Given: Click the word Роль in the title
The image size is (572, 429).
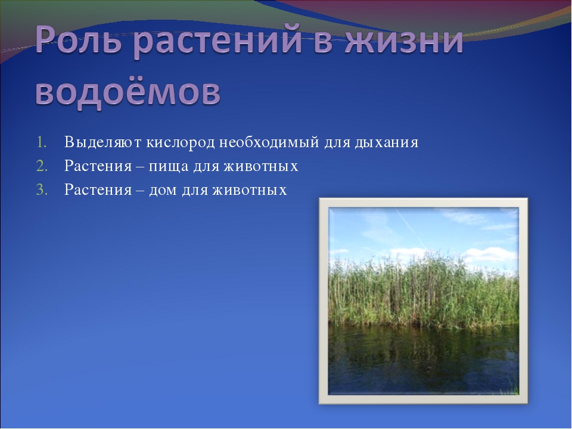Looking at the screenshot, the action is point(78,39).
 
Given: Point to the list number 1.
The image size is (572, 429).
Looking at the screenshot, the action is point(41,142).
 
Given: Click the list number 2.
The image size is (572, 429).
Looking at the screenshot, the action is point(42,166).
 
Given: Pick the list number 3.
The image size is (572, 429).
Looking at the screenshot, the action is point(42,189).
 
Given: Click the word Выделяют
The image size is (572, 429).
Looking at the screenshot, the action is point(103,142).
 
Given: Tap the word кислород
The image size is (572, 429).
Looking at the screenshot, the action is point(180,142).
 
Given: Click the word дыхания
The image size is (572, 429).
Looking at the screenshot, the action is point(386,142).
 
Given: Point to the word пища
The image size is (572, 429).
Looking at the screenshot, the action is point(169,167).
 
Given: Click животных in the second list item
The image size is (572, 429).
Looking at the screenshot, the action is point(261,166).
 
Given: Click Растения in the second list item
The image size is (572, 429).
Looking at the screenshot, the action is point(98,166).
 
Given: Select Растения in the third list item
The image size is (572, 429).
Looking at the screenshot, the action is point(98,189).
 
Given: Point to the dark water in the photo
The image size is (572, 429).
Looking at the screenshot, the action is point(423,359).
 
